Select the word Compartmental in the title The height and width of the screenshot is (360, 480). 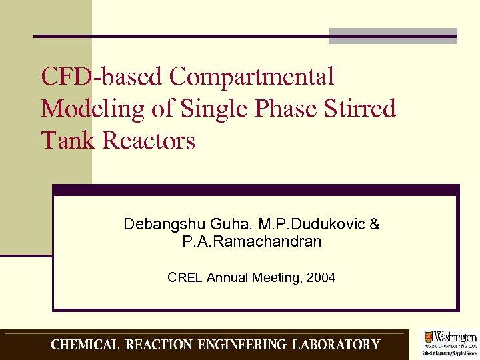pyautogui.click(x=251, y=77)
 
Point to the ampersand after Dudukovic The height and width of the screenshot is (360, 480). pyautogui.click(x=374, y=225)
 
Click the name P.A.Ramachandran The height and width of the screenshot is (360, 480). pyautogui.click(x=251, y=242)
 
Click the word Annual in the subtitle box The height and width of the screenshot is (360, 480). pyautogui.click(x=228, y=277)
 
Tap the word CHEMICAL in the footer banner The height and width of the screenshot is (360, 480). pyautogui.click(x=85, y=345)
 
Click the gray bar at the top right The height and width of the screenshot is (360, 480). pyautogui.click(x=393, y=36)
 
